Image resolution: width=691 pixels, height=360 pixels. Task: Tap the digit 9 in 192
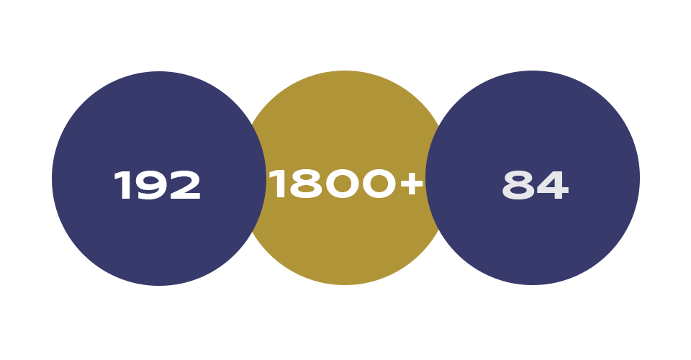coord(150,185)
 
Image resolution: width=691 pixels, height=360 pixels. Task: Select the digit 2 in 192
coord(185,185)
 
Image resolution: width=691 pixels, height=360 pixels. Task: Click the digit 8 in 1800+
coord(306,184)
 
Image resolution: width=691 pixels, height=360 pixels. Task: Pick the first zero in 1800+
coord(342,184)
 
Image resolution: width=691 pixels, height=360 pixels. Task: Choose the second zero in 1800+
coord(379,184)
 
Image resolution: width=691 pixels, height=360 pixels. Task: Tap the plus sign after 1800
coord(412,184)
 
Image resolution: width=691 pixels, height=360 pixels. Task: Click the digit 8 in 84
coord(518,185)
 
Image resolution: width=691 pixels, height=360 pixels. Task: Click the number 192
coord(158,185)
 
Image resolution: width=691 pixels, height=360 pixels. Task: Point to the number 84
coord(536,185)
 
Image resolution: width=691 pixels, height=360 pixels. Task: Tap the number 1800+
coord(346,184)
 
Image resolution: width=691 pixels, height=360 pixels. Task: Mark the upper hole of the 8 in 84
coord(518,179)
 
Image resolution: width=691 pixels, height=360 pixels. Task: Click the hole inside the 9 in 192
coord(150,180)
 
